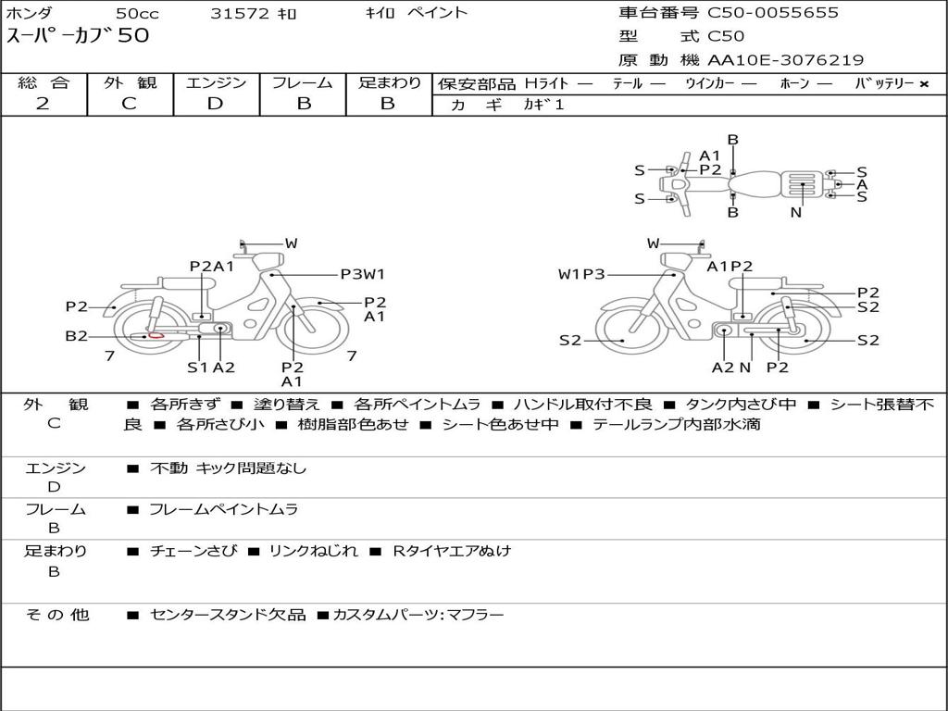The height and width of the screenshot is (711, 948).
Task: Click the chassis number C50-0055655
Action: pyautogui.click(x=773, y=13)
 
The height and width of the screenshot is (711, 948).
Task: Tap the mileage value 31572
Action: pyautogui.click(x=240, y=13)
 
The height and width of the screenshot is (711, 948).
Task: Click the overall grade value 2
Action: pyautogui.click(x=43, y=104)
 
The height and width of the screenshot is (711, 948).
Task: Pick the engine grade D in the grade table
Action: pyautogui.click(x=215, y=104)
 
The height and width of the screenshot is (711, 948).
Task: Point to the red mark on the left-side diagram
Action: pyautogui.click(x=156, y=334)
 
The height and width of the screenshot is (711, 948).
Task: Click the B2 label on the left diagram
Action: pyautogui.click(x=77, y=336)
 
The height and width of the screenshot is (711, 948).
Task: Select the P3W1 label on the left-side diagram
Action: pyautogui.click(x=363, y=274)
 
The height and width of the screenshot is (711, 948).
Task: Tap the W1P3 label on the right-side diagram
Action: pyautogui.click(x=581, y=274)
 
